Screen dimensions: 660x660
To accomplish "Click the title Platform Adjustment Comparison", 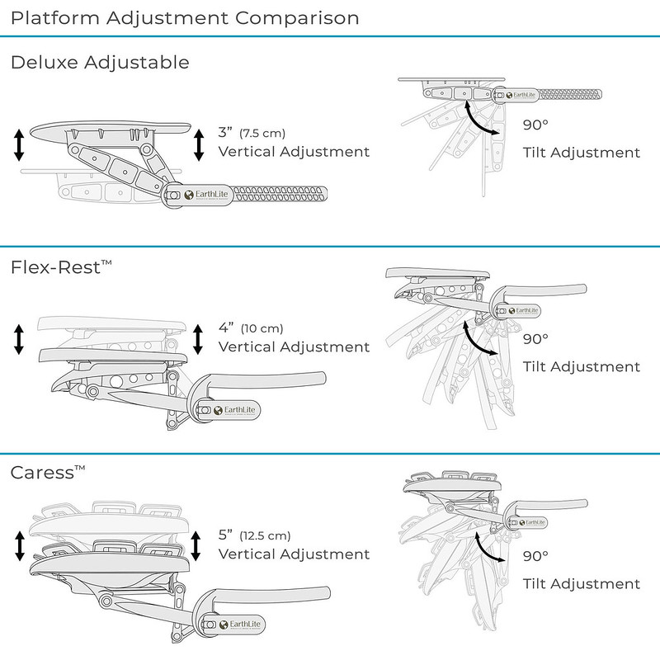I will coord(185,16).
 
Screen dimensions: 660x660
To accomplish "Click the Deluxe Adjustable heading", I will coord(100,63).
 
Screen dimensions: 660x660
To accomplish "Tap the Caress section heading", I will coord(48,474).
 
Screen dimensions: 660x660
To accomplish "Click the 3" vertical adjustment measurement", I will coord(225,133).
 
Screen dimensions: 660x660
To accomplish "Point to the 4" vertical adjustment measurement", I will coord(225,328).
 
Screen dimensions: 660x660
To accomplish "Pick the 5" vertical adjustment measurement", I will coord(225,534).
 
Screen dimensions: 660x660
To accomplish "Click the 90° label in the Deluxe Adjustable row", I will coord(535,126).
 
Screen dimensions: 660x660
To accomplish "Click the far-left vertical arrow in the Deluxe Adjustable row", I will coord(18,144).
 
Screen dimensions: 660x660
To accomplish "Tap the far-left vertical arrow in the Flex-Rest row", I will coord(18,338).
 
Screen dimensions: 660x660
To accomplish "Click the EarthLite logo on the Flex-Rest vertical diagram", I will coord(228,409).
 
